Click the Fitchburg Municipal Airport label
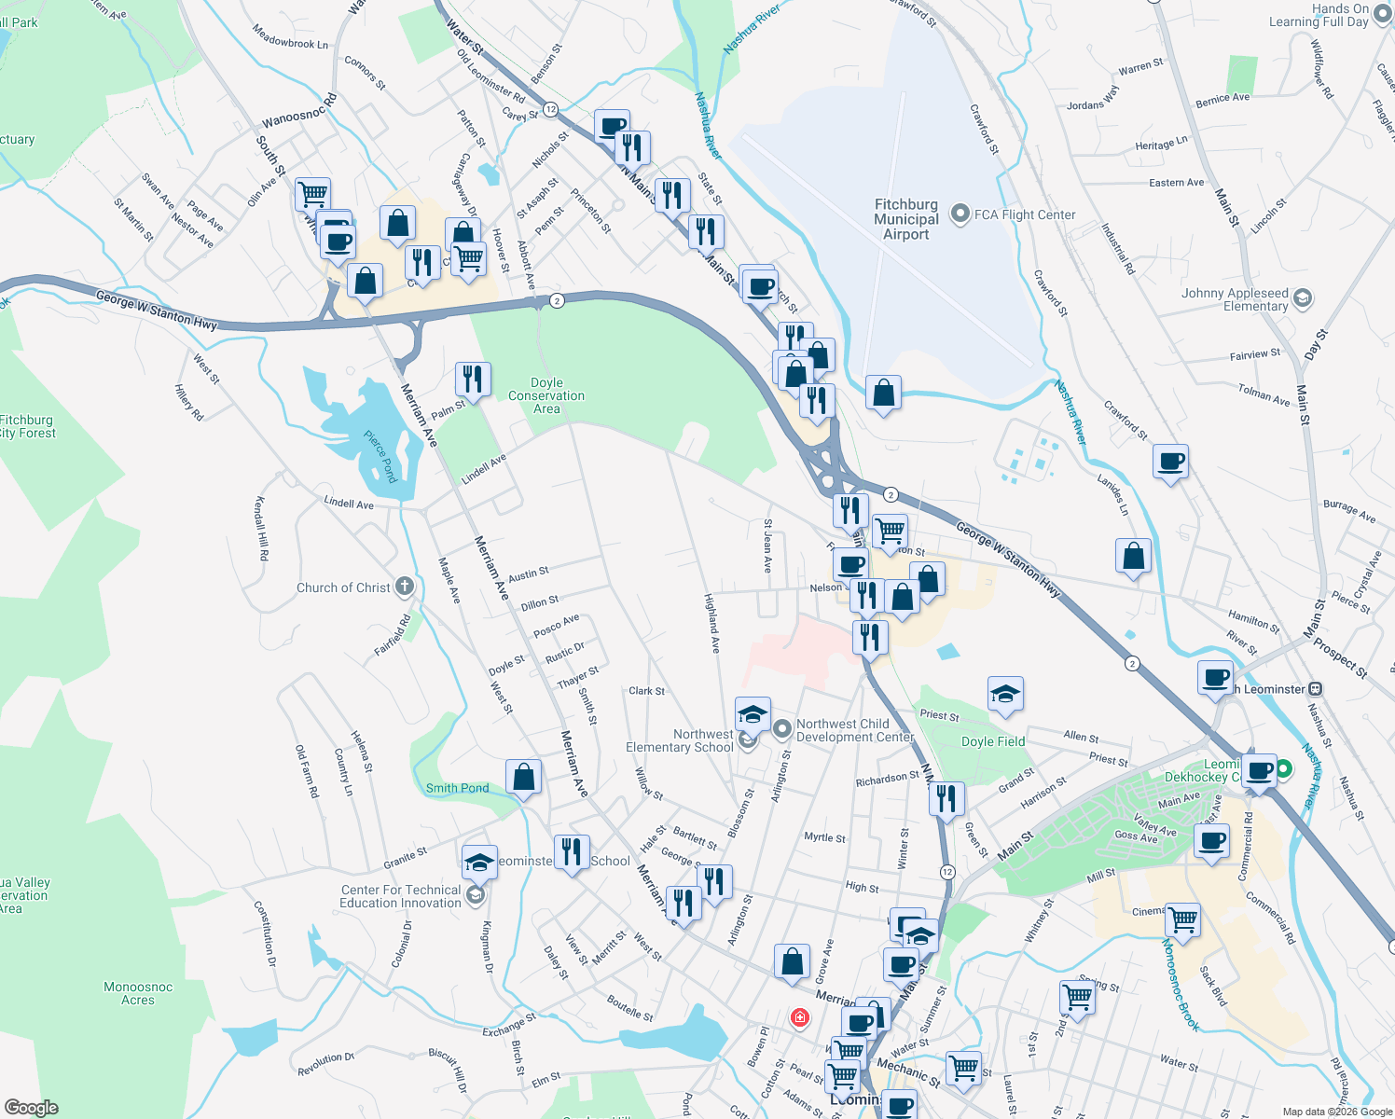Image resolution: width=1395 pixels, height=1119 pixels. pos(905,219)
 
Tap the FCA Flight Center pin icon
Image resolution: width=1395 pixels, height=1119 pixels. pos(960,214)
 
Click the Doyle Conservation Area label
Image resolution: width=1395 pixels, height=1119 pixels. pos(546,395)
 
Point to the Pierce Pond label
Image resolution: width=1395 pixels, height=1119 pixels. pos(380,456)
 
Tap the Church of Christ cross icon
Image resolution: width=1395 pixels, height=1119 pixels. pos(404,587)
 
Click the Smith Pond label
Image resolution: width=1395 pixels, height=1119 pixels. pos(457,788)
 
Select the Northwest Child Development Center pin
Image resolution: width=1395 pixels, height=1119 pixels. pos(782,727)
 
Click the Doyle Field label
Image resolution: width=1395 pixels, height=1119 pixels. pos(993,741)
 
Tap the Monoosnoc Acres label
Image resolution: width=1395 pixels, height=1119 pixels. pos(138,993)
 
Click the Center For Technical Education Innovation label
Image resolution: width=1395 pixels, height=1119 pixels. pos(400,896)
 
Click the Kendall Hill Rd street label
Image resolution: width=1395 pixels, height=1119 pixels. pos(261,528)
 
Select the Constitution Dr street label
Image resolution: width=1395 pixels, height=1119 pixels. pos(266,932)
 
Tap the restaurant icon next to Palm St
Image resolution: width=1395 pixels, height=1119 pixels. pos(473,380)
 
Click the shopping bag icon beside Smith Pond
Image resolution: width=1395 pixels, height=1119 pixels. pos(524,777)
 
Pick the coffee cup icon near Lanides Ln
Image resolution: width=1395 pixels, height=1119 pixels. pos(1170,461)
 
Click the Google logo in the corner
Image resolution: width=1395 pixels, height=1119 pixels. pos(31,1108)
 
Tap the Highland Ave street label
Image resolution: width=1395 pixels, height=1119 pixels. pos(712,623)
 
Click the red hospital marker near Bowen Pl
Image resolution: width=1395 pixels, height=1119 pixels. pos(799,1016)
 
